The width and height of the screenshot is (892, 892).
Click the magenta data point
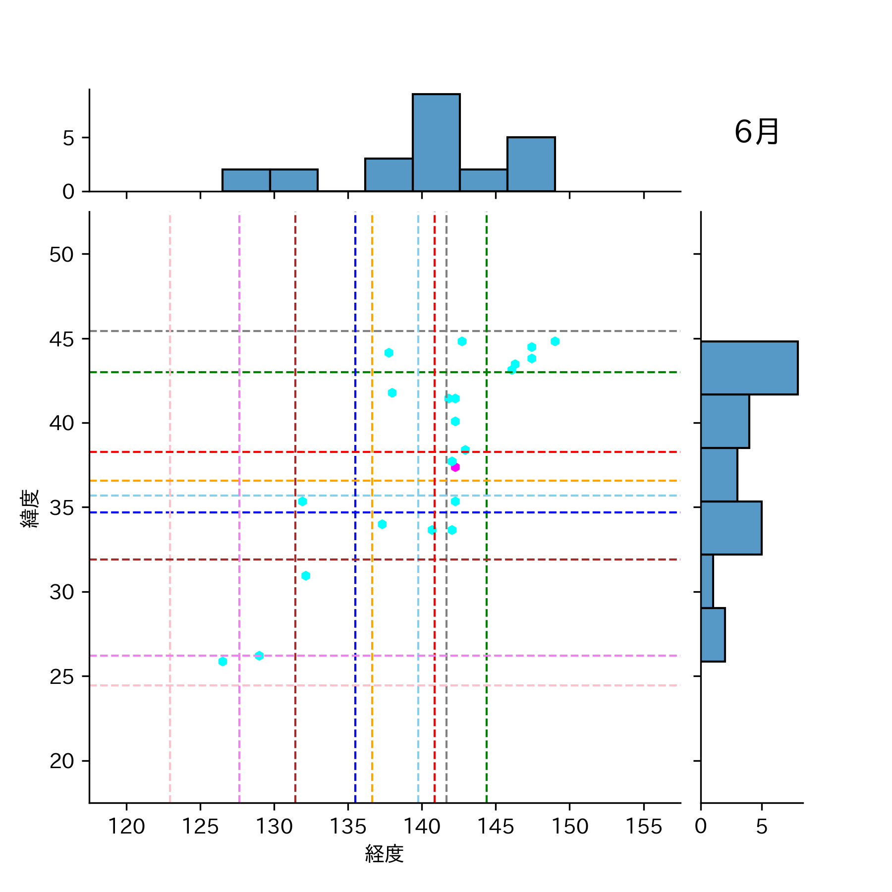pos(455,467)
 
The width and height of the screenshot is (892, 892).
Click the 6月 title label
pos(756,132)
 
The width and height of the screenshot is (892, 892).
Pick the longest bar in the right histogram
pos(749,368)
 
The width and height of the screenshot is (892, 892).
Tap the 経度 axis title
pos(384,854)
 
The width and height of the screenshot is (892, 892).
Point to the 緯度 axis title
pos(30,508)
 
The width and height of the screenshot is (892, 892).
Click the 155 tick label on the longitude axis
pos(643,827)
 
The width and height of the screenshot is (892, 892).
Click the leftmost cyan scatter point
pos(223,661)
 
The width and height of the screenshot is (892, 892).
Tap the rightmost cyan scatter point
pos(555,341)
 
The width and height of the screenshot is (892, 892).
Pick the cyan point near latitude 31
pos(306,575)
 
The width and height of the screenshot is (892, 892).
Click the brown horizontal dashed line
pos(198,559)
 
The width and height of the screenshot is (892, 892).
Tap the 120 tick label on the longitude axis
pos(126,827)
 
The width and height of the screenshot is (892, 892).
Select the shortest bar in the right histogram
pos(707,581)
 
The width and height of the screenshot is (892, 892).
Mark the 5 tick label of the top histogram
pos(68,138)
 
